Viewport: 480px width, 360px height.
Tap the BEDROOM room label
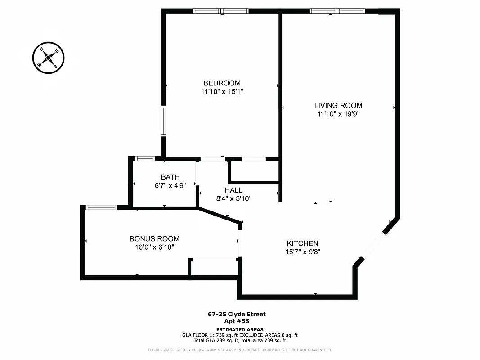222,83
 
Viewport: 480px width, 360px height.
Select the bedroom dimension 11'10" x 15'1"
222,92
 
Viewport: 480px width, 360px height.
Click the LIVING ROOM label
338,106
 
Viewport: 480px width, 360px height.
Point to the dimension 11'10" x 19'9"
338,114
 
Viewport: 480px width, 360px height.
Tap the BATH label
170,177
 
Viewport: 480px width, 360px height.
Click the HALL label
233,190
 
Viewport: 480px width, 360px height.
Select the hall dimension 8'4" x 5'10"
233,198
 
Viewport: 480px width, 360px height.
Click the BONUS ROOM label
154,239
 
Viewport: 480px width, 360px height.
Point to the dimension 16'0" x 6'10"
154,247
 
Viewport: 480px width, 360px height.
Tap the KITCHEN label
302,243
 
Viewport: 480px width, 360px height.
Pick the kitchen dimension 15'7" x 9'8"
302,252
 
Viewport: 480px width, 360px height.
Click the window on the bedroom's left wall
163,121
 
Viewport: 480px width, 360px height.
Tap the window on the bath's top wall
145,158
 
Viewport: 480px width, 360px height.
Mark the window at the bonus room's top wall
101,207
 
